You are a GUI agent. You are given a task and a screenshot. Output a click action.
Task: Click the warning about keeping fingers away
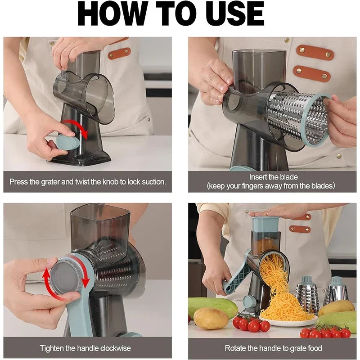[x=270, y=185]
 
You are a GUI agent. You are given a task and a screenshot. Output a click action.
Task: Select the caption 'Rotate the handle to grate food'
[x=273, y=348]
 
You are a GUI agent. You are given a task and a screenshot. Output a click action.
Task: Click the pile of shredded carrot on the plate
[x=283, y=306]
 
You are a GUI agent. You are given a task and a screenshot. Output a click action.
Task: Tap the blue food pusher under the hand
[x=265, y=224]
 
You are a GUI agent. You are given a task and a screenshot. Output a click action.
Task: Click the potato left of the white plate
[x=211, y=319]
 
